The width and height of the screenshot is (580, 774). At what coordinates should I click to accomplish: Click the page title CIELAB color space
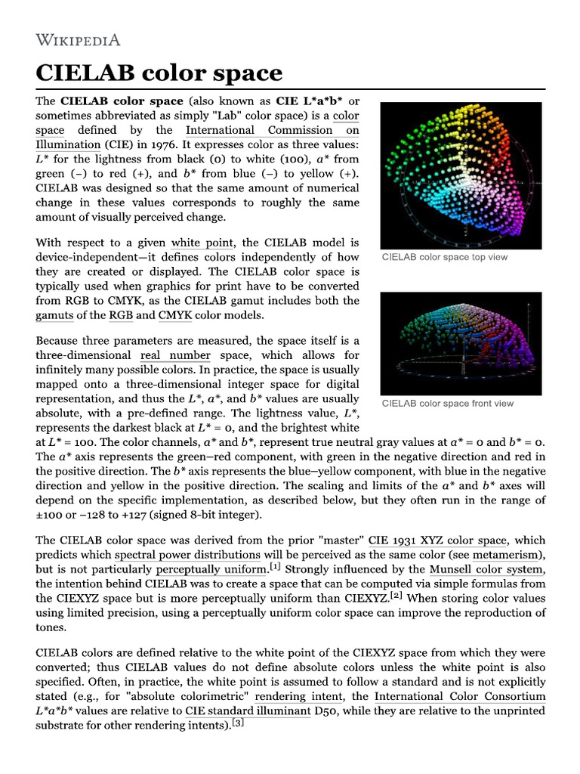tap(159, 73)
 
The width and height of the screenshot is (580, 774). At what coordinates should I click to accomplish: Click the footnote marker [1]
tap(276, 565)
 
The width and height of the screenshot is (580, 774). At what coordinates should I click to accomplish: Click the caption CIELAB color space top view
tap(445, 257)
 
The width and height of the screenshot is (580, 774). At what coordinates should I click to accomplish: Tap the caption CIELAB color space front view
tap(447, 403)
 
